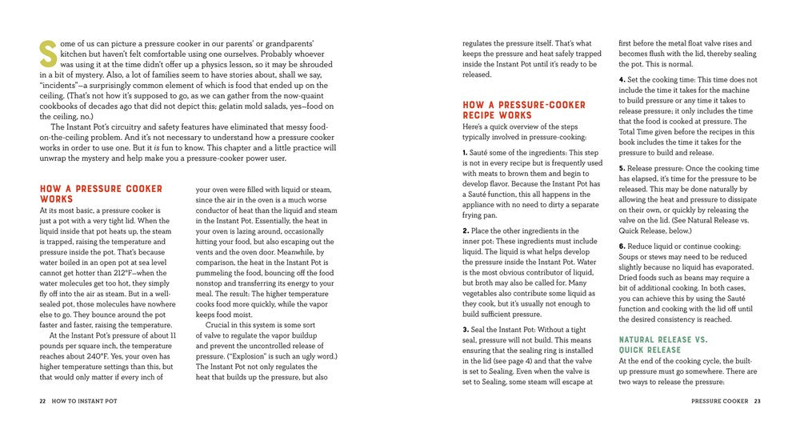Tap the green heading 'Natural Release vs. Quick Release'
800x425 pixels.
pyautogui.click(x=663, y=345)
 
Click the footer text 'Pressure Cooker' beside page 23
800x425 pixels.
pyautogui.click(x=719, y=399)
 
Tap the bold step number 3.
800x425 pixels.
pyautogui.click(x=466, y=330)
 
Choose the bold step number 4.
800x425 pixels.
pyautogui.click(x=622, y=80)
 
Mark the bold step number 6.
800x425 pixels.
pyautogui.click(x=622, y=247)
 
